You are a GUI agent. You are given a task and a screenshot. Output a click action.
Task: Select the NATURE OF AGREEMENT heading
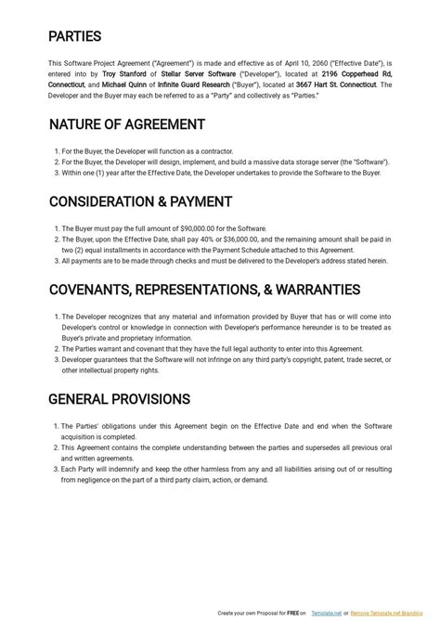coord(126,124)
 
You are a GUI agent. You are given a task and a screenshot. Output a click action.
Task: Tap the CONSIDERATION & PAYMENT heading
coord(140,201)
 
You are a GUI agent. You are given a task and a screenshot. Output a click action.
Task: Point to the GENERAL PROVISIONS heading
coord(119,399)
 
